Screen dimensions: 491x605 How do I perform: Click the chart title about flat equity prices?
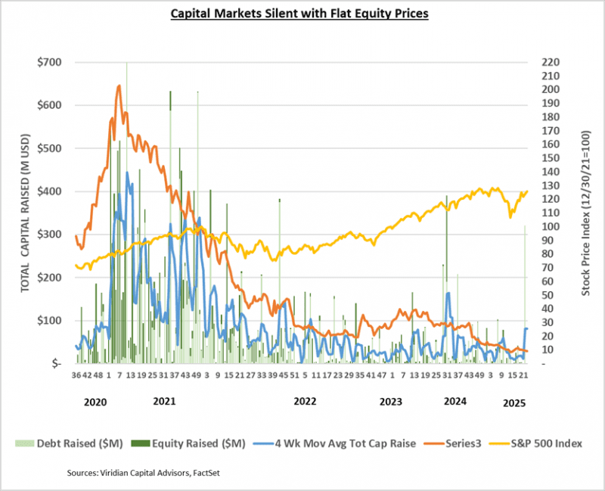click(302, 13)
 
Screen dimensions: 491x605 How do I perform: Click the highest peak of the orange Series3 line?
click(119, 85)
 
